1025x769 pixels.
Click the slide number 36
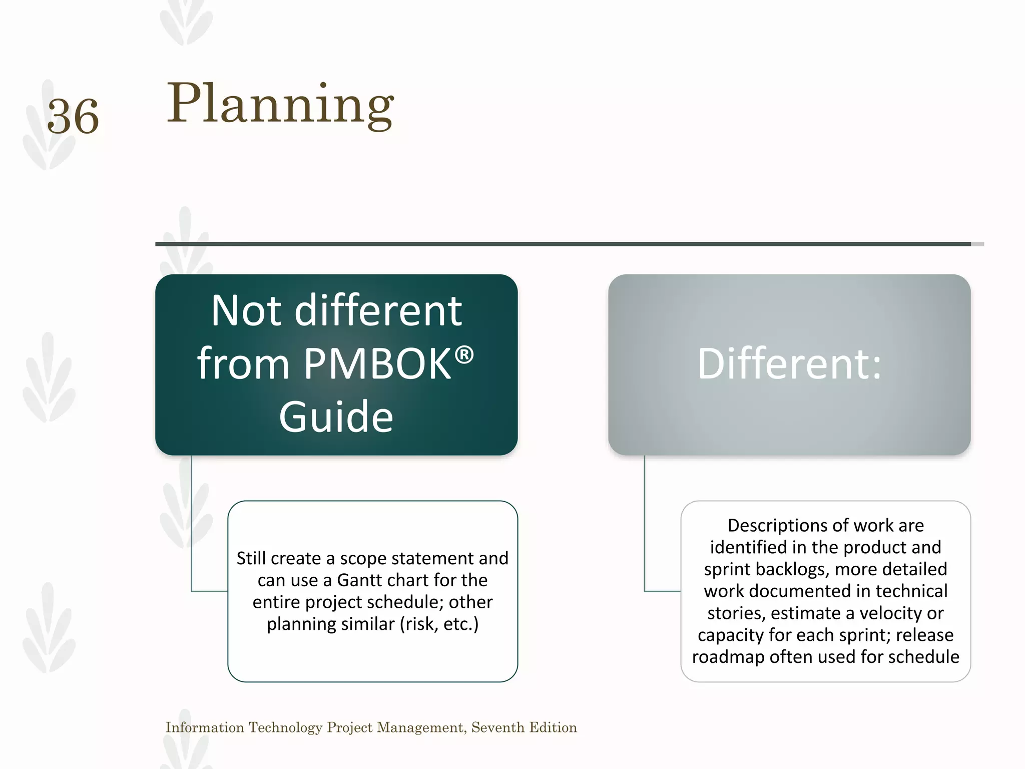[x=73, y=117]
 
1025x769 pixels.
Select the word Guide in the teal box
[x=336, y=417]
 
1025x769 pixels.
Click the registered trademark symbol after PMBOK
[x=464, y=355]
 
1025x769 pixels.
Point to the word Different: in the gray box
[x=789, y=364]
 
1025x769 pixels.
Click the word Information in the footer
[x=205, y=727]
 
